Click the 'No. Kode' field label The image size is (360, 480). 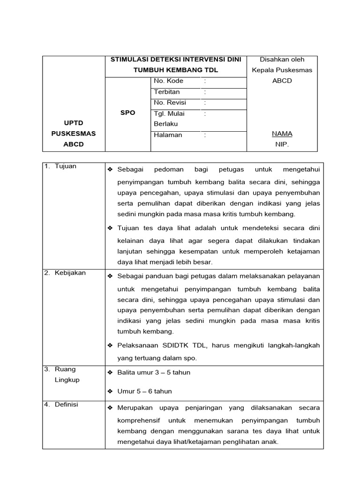(168, 81)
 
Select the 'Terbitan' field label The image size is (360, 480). (166, 92)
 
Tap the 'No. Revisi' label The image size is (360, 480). (170, 103)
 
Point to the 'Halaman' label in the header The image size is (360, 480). (168, 135)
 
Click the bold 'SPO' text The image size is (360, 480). (127, 113)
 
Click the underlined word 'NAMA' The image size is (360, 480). (282, 134)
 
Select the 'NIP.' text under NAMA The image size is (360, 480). (282, 145)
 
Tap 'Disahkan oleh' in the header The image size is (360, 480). (282, 60)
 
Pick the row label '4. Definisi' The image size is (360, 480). (62, 405)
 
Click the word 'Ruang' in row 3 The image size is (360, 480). (65, 369)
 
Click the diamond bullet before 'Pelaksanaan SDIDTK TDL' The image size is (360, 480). (110, 345)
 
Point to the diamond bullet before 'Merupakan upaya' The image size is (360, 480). (110, 408)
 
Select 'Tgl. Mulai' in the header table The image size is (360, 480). (169, 113)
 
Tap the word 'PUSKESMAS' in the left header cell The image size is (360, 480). (73, 134)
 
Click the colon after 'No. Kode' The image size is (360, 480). (205, 81)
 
